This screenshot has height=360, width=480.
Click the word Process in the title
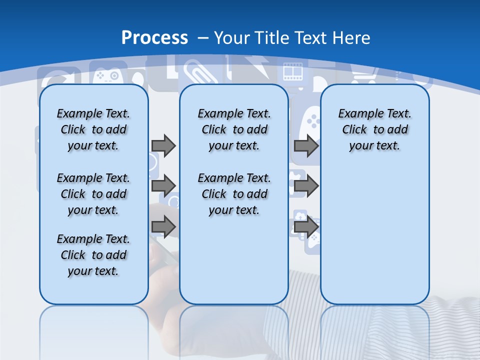[154, 37]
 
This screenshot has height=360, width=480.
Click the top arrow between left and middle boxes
[163, 145]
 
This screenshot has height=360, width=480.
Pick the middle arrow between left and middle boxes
[163, 186]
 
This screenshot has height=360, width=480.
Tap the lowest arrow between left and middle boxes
[163, 226]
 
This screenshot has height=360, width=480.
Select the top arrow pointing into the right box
[306, 145]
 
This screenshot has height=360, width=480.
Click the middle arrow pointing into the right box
[306, 186]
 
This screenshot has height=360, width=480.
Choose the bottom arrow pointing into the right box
[306, 226]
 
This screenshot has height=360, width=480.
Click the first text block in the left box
[93, 129]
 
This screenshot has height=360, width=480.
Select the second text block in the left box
[93, 194]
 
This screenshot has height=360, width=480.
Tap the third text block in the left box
[93, 255]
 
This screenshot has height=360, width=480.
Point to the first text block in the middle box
[234, 129]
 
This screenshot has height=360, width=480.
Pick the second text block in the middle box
[234, 194]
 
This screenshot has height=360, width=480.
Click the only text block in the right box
[374, 129]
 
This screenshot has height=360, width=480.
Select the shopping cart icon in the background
[362, 75]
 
